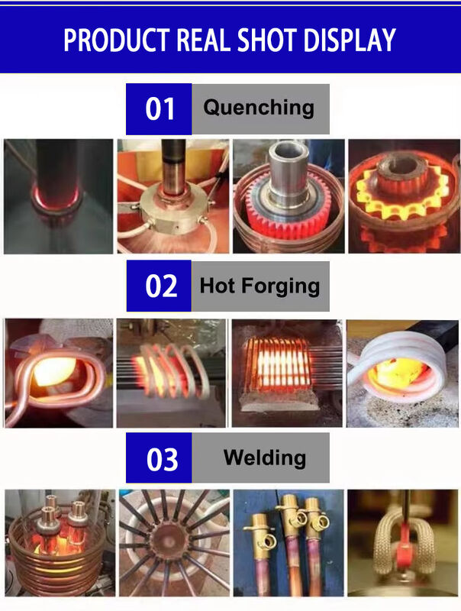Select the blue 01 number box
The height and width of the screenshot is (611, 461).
pos(159,109)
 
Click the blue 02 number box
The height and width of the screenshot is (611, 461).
pos(159,286)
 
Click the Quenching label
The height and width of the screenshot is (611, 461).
pos(258,107)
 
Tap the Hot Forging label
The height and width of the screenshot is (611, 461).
pos(260,286)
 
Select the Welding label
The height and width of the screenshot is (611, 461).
pos(264,457)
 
